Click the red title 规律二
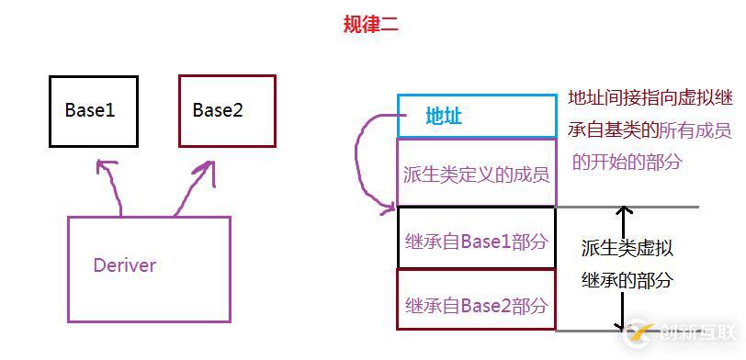click(x=371, y=25)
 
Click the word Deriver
click(x=124, y=265)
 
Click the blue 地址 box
click(x=477, y=116)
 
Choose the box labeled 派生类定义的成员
click(x=476, y=173)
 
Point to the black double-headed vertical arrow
click(x=624, y=266)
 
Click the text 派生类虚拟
click(x=627, y=248)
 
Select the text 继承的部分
click(x=627, y=280)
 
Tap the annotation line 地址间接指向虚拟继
click(x=649, y=97)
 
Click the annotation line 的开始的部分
click(x=627, y=162)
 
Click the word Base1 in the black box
click(x=90, y=110)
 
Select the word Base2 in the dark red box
click(x=218, y=110)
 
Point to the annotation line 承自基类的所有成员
click(x=649, y=129)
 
